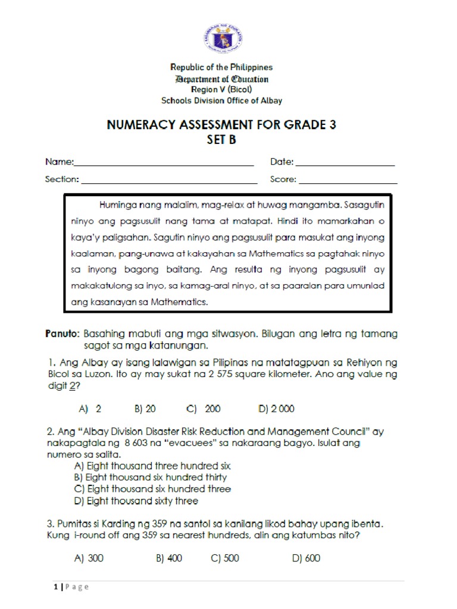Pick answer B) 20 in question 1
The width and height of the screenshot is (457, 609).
pos(145,409)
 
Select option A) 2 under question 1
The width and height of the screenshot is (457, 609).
pos(90,409)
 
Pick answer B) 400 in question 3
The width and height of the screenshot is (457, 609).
pos(169,558)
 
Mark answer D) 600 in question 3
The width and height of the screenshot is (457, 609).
pos(306,558)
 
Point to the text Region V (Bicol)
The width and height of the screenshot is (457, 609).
pos(221,89)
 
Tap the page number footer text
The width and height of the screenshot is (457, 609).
pos(71,587)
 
